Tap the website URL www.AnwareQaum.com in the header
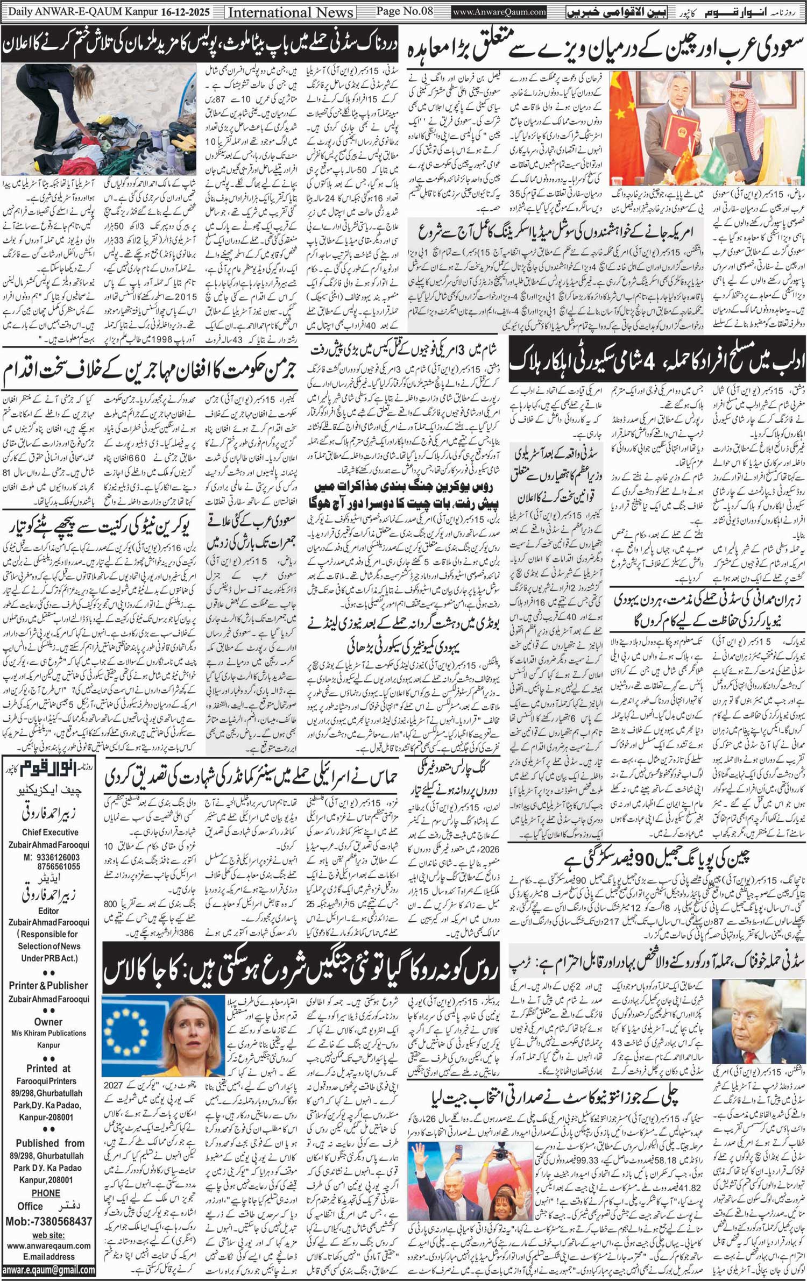click(x=499, y=11)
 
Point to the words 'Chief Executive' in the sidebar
click(x=49, y=832)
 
